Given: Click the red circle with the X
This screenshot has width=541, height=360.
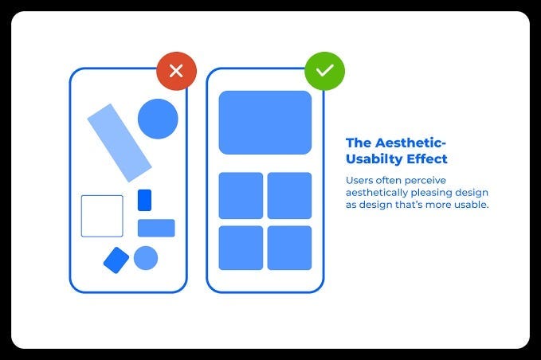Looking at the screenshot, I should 176,71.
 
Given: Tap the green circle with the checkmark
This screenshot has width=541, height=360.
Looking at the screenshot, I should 324,71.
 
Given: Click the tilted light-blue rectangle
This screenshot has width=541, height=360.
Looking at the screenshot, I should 119,143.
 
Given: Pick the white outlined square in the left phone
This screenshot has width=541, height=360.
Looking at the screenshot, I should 102,216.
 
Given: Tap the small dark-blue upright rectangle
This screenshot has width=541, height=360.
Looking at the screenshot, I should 144,200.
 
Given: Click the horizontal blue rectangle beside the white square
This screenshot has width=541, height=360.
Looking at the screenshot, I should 156,228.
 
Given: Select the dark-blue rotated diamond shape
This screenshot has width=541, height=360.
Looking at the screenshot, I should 116,260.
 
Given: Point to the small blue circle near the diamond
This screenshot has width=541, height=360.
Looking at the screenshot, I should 146,258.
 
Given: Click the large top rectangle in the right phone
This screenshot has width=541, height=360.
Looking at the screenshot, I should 265,123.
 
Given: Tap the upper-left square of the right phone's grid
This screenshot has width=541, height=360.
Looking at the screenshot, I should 241,195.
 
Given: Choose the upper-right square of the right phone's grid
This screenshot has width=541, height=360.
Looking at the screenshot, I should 289,195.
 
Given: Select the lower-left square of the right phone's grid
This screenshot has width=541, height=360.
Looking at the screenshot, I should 241,248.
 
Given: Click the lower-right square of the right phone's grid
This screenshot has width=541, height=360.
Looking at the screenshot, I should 289,248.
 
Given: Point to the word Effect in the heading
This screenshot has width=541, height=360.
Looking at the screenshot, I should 425,159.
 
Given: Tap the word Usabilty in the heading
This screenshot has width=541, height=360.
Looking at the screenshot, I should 373,159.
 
